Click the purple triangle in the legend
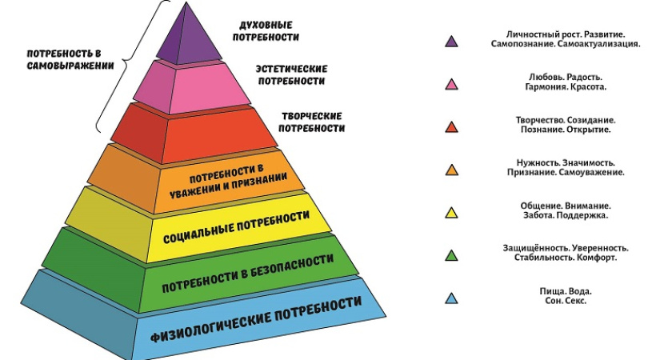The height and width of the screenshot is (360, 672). pos(452,41)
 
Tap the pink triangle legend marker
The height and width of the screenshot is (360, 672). pos(452,83)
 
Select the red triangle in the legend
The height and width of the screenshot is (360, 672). pos(452,126)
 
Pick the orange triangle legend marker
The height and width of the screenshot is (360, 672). pos(452,170)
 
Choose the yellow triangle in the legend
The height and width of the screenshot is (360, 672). pos(452,213)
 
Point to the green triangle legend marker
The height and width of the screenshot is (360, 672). pos(452,256)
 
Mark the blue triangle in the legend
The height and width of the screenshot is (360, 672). pos(452,299)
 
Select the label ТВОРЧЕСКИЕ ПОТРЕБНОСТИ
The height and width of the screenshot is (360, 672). pos(313,122)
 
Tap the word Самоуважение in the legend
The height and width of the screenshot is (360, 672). pos(591,173)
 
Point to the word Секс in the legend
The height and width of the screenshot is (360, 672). pos(576,302)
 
